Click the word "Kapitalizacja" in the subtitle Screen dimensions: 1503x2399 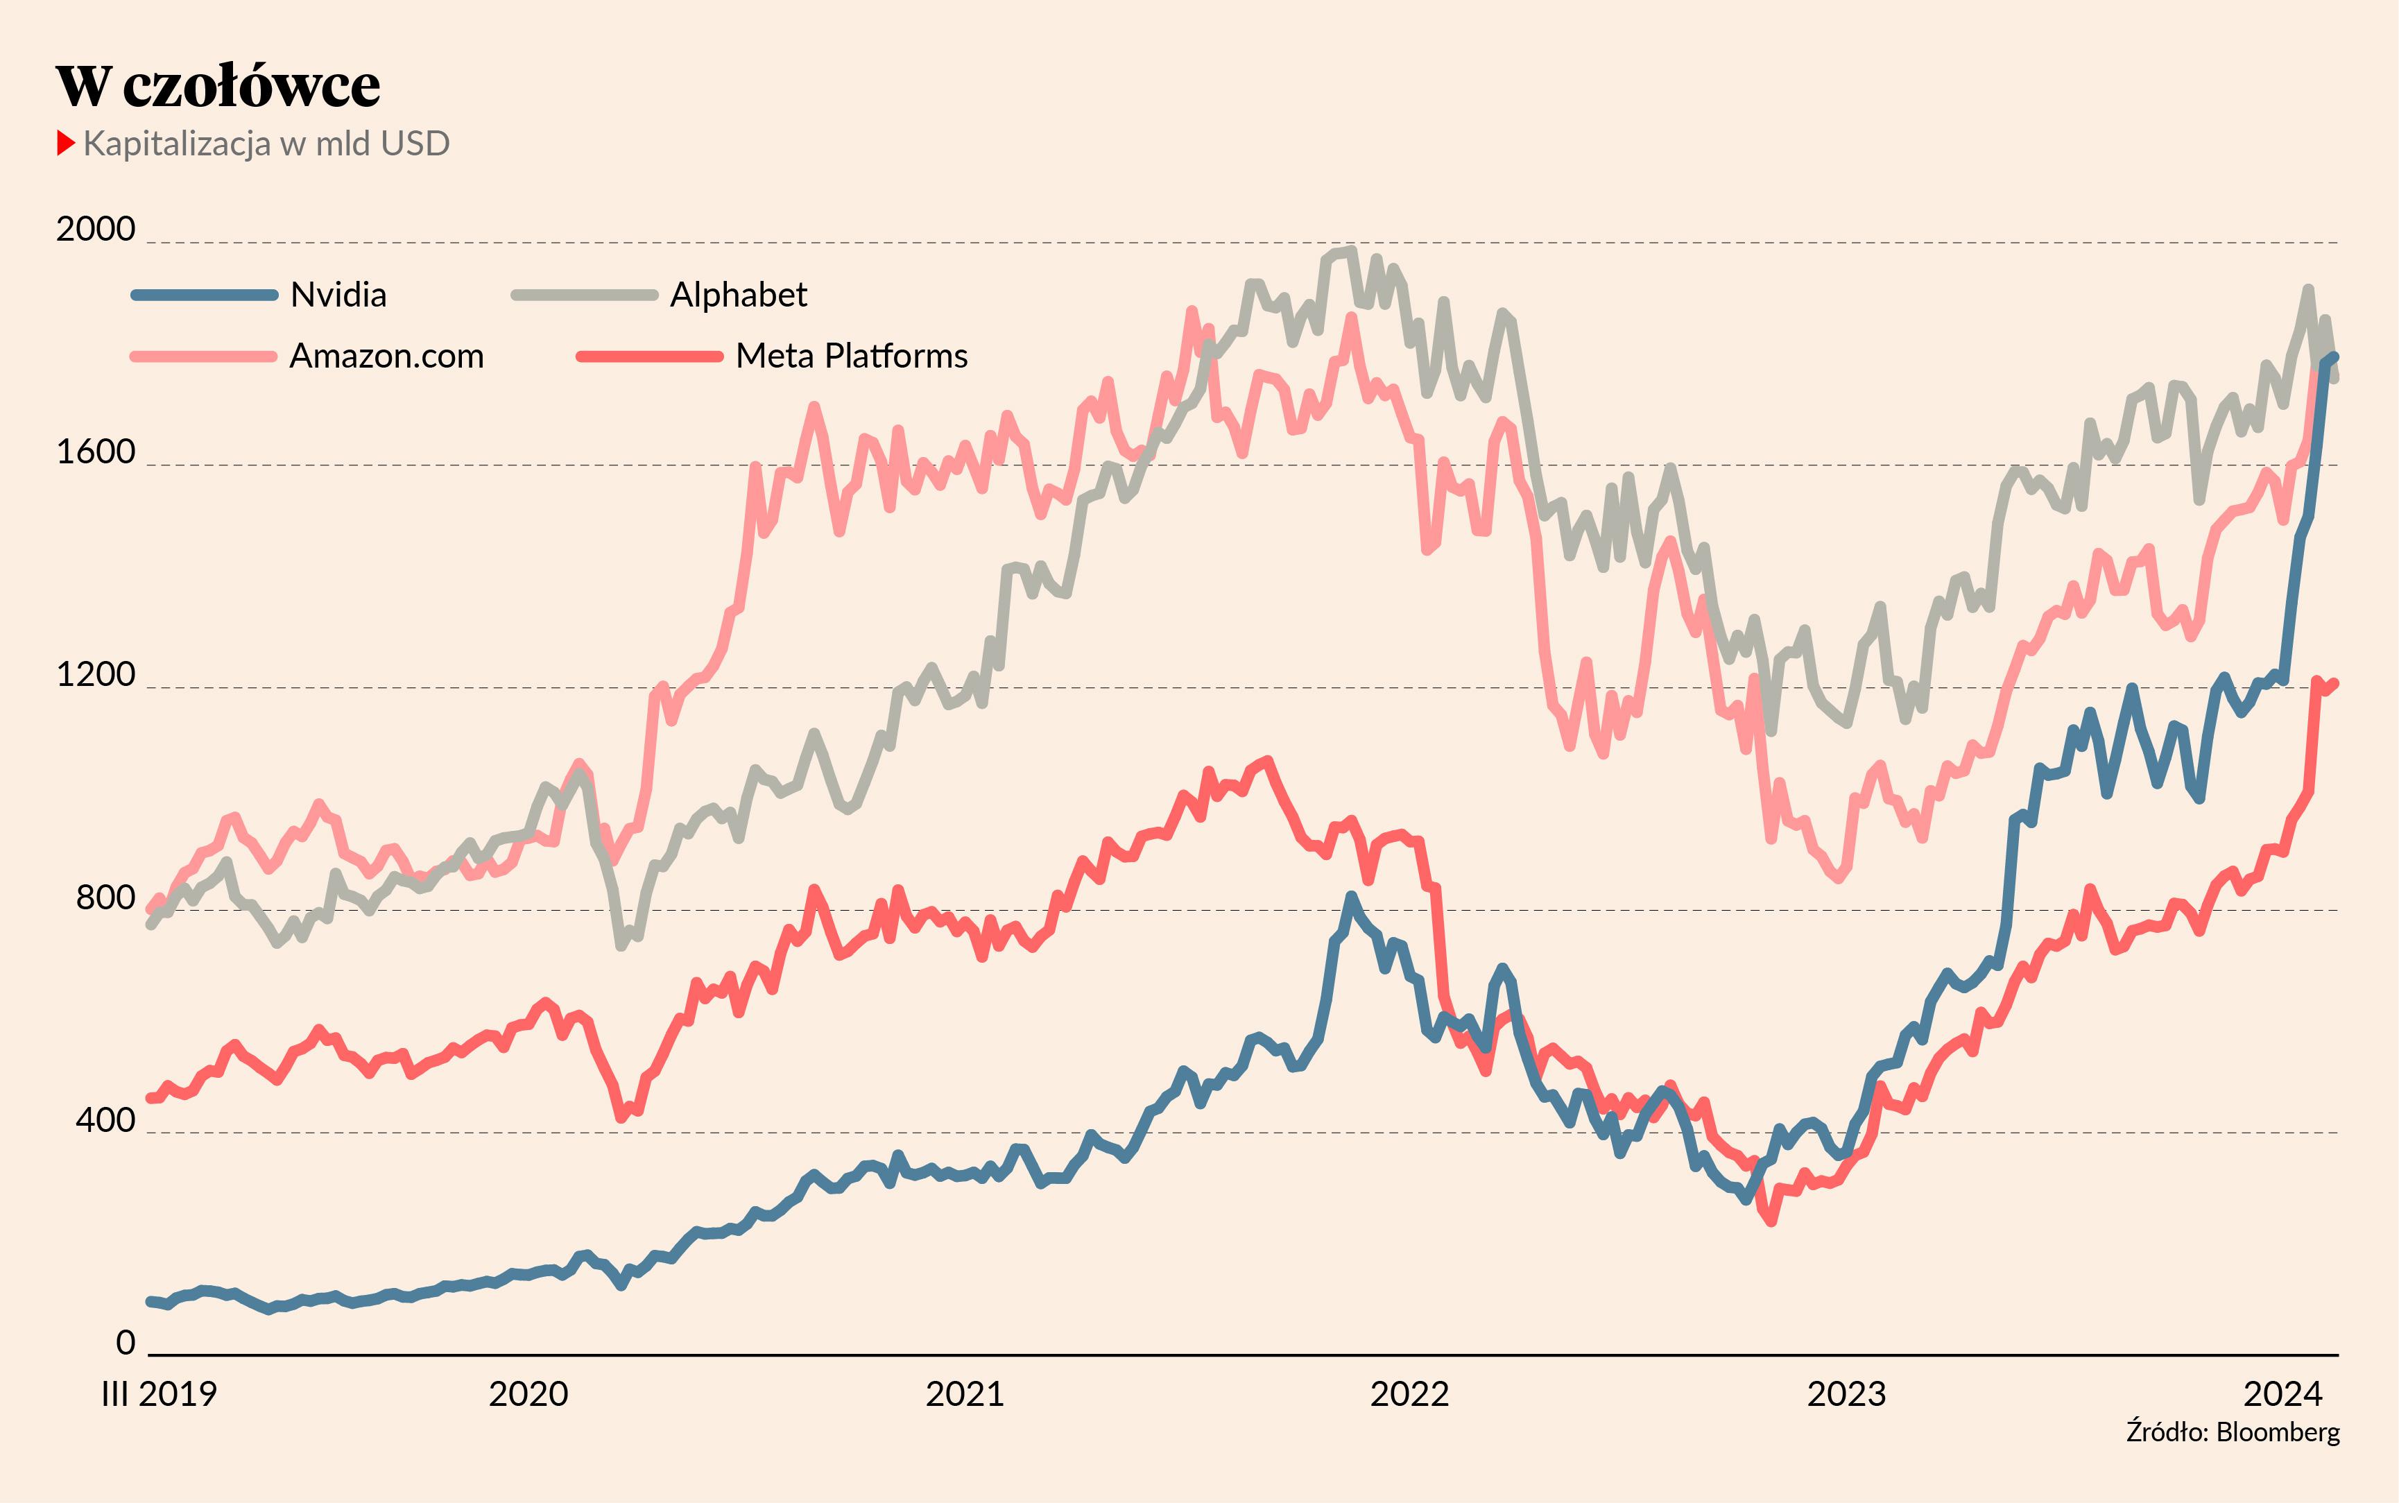(x=177, y=144)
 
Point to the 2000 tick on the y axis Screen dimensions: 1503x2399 (x=96, y=229)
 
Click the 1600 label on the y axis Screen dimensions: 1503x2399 (x=96, y=452)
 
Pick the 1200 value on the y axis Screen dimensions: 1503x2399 (x=96, y=674)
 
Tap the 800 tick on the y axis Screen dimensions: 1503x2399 (x=105, y=897)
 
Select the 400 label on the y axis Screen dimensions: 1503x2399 (x=105, y=1119)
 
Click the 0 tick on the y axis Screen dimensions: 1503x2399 (x=126, y=1342)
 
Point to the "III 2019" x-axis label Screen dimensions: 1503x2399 (x=159, y=1393)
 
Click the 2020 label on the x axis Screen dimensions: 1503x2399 (x=528, y=1393)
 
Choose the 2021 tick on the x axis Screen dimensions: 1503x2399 (x=965, y=1393)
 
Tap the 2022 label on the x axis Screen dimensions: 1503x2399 (x=1409, y=1393)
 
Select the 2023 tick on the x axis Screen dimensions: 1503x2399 (x=1846, y=1393)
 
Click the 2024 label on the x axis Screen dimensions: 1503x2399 (x=2282, y=1393)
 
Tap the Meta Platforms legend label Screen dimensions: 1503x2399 (x=852, y=356)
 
